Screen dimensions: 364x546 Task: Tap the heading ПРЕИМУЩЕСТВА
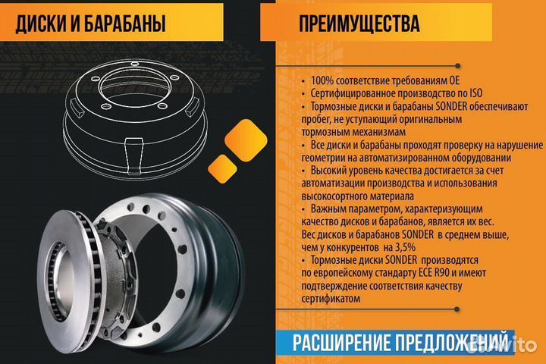(359, 24)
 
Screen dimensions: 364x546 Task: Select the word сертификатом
(331, 299)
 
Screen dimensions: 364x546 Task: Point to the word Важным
(331, 207)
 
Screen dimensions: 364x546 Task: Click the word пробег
(318, 118)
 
